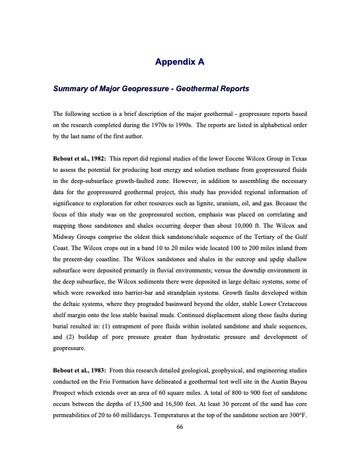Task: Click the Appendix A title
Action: pyautogui.click(x=179, y=61)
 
